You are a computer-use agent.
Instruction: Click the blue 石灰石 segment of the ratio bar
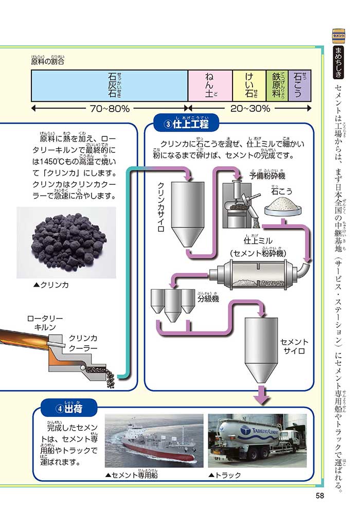click(110, 85)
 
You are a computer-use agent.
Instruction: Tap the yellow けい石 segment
click(249, 85)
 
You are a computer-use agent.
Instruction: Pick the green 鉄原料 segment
click(277, 85)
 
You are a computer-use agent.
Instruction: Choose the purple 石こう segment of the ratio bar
click(299, 85)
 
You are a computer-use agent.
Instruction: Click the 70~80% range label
click(110, 109)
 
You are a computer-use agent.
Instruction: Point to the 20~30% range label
click(250, 109)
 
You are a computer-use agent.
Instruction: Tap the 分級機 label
click(208, 298)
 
